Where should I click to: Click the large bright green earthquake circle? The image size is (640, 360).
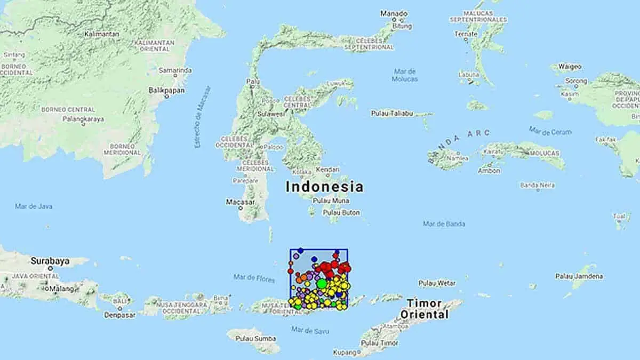(x=322, y=284)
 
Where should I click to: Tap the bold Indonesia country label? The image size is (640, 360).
(x=324, y=187)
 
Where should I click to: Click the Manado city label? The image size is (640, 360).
(x=394, y=13)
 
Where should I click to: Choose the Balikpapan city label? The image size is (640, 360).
(x=167, y=91)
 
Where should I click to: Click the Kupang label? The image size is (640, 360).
(x=344, y=353)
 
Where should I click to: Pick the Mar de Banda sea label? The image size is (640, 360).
(x=444, y=223)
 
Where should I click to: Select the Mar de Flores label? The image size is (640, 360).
(x=254, y=277)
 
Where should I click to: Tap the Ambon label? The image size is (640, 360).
(x=489, y=171)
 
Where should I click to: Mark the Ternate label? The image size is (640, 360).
(x=466, y=34)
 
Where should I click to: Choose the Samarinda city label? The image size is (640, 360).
(x=175, y=70)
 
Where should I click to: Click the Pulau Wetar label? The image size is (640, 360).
(x=437, y=283)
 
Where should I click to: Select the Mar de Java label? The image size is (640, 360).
(x=34, y=206)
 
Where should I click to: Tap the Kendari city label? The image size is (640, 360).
(x=327, y=170)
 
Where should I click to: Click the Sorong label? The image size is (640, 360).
(x=575, y=81)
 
